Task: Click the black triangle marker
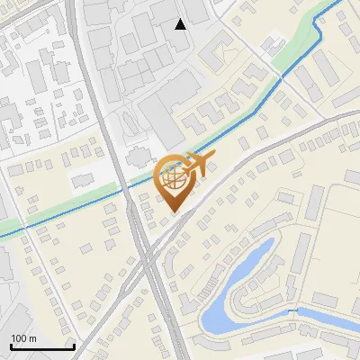(181, 23)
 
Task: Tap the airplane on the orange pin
(196, 166)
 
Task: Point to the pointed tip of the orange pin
(173, 212)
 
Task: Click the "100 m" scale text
(23, 338)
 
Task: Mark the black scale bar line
(42, 346)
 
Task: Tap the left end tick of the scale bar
(11, 345)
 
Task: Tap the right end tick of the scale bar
(74, 345)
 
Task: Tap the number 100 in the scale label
(19, 338)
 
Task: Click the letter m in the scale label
(32, 338)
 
